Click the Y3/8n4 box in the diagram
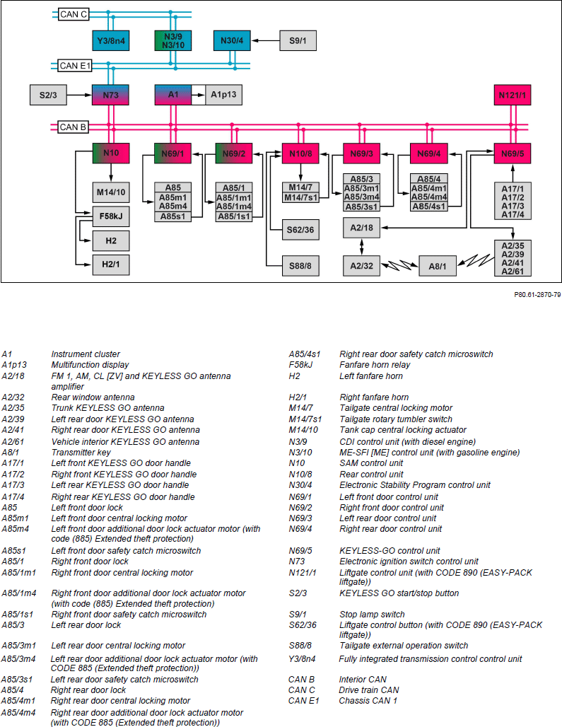pos(111,41)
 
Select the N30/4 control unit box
pos(232,41)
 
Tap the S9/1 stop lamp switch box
pos(298,41)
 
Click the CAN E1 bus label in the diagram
pos(75,66)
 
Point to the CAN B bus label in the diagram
pos(73,127)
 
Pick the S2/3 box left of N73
pos(48,95)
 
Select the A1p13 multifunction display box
pos(223,95)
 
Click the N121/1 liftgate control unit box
pos(513,95)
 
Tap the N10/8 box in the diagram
pos(300,153)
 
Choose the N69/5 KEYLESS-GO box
pos(513,153)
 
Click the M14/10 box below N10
pos(111,192)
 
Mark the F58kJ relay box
pos(111,216)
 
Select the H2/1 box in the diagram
pos(111,264)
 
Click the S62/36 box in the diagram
pos(300,230)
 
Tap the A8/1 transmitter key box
pos(438,266)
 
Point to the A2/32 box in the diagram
pos(362,266)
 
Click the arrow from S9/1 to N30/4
pos(266,41)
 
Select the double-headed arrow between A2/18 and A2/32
pos(362,247)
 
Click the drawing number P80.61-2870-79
pos(537,295)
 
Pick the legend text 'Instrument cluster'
pos(86,354)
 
